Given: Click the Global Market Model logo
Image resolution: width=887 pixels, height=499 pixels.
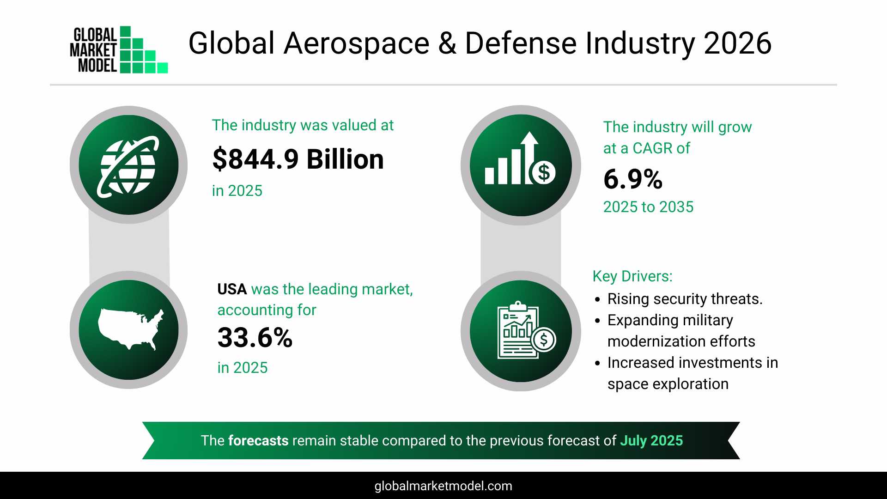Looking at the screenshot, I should coord(119,50).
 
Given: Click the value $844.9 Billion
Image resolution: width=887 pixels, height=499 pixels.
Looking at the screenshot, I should coord(298,159).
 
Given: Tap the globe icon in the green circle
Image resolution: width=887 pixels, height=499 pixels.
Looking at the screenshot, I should coord(128,165).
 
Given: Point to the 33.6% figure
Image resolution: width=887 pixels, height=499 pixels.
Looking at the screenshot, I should coord(255,338).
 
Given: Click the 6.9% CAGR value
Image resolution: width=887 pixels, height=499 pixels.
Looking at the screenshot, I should coord(632,180).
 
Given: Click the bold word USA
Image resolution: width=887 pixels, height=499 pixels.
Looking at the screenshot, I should coord(232,289).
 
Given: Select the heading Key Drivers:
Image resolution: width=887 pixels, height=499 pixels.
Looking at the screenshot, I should coord(632,276).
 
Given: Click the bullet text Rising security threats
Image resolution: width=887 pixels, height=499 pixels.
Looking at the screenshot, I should coord(685,299).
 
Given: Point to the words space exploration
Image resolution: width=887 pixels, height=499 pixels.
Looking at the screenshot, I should coord(668,384).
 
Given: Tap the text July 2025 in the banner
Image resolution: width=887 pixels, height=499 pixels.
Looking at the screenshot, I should coord(651,440).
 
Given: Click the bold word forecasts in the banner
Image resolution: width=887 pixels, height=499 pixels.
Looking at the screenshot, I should coord(258,440).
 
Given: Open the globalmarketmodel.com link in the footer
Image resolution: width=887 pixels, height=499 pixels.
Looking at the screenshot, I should coord(443,486).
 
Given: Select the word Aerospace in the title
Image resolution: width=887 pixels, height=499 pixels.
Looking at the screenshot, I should coord(356,44).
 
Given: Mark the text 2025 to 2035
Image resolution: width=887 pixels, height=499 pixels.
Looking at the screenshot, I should coord(648,207).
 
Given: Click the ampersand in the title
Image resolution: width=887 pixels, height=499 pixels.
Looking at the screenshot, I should coord(447,44).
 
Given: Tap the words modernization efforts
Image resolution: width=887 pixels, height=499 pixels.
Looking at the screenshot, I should coord(681,341).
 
